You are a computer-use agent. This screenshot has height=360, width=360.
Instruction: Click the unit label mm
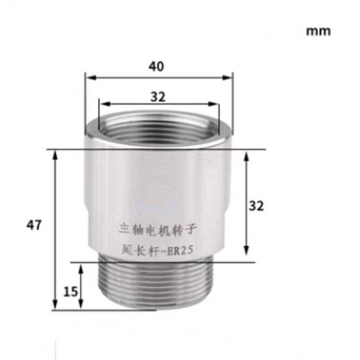click(318, 31)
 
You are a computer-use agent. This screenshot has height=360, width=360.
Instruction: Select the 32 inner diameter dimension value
click(158, 97)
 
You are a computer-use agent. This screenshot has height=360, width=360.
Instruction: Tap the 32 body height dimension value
click(256, 205)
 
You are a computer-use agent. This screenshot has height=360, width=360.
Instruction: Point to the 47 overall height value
click(34, 225)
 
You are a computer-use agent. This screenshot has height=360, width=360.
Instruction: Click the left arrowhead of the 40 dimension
click(89, 77)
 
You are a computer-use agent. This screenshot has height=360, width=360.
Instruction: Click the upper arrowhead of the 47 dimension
click(55, 154)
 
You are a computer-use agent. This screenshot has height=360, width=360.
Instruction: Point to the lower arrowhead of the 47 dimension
click(55, 305)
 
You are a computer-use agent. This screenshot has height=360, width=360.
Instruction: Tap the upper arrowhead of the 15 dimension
click(80, 267)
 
